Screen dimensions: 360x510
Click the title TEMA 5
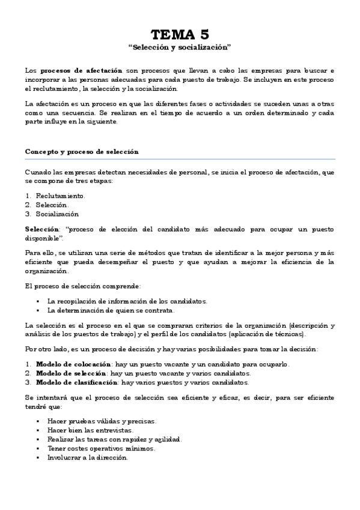point(180,34)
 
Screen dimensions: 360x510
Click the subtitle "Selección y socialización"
point(180,46)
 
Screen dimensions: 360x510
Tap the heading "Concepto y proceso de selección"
point(82,152)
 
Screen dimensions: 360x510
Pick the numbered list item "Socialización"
point(56,214)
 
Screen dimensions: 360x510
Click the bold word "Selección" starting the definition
point(41,230)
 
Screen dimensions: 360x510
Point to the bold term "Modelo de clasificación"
point(77,382)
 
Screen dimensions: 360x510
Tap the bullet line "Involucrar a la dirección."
point(87,457)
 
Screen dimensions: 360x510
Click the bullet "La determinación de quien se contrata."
point(111,310)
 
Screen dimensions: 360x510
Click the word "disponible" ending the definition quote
point(43,238)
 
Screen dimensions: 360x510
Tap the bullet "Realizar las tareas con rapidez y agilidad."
point(114,439)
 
